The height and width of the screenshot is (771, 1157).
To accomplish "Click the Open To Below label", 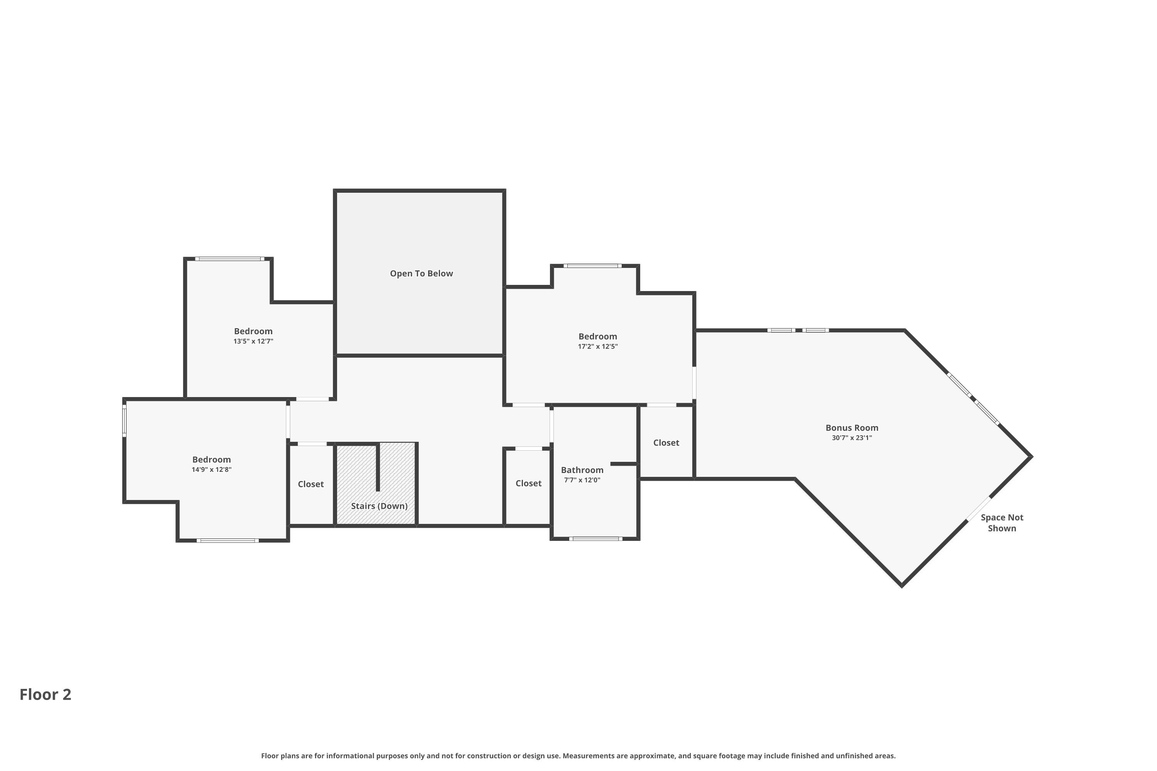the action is (x=421, y=273).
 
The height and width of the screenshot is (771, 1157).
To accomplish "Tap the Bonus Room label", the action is (x=852, y=428).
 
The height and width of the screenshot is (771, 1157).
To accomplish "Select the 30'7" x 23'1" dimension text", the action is (x=852, y=438).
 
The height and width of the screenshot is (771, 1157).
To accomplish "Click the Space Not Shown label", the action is (x=1002, y=523).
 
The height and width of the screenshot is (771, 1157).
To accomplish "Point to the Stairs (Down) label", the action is (x=379, y=506).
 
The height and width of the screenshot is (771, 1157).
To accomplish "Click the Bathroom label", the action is (x=582, y=470).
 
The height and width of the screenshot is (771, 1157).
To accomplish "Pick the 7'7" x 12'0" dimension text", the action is (x=582, y=480).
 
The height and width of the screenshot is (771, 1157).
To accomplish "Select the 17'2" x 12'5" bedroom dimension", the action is (x=598, y=346).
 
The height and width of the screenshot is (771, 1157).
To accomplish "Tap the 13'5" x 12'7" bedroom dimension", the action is (x=253, y=341).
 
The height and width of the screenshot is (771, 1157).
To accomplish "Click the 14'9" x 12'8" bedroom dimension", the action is (x=211, y=470).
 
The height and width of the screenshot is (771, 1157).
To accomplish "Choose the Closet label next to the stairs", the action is (x=310, y=484).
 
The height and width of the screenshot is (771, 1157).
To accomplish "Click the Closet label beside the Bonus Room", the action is (x=666, y=443).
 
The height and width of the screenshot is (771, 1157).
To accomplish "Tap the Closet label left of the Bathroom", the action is (x=528, y=484).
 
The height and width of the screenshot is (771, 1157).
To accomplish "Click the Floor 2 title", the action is (x=45, y=694).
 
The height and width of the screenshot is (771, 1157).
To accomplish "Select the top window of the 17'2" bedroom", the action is (x=592, y=266).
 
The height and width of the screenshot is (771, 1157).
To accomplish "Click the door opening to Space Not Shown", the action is (x=978, y=508).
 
